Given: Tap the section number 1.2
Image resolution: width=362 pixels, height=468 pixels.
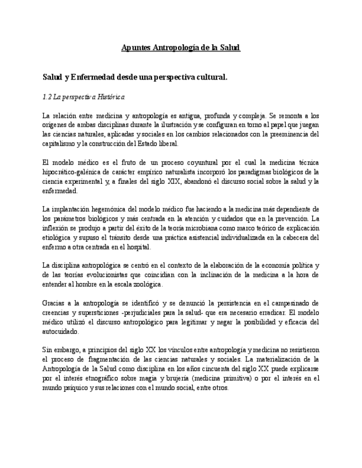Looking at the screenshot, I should pyautogui.click(x=46, y=97).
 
